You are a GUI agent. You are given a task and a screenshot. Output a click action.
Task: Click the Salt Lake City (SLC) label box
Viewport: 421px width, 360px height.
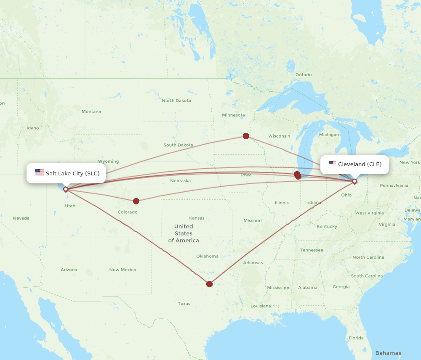66,173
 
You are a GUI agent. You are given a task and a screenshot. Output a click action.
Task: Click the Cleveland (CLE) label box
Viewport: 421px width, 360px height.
354,164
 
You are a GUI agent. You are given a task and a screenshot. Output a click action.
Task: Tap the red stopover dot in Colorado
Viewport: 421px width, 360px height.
136,201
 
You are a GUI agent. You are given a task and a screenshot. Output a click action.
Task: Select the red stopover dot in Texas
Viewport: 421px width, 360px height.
209,284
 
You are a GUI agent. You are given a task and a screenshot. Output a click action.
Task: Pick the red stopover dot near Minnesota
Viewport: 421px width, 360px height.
246,136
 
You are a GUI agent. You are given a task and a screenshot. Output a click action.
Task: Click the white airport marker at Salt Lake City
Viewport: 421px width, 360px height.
66,189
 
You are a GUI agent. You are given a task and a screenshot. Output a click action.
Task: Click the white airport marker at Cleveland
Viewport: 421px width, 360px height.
354,181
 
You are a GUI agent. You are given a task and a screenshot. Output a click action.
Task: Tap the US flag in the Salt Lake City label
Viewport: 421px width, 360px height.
40,172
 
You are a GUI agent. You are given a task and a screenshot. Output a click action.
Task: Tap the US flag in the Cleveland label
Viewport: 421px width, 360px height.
333,164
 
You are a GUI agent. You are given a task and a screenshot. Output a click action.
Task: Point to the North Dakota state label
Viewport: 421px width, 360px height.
176,101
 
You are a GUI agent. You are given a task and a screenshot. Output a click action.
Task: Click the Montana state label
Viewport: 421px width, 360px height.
91,111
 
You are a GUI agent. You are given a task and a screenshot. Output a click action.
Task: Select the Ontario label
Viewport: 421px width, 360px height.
304,75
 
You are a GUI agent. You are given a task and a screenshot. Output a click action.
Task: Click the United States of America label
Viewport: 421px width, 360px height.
184,233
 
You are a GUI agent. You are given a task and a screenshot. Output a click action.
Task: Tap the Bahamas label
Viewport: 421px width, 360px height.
388,353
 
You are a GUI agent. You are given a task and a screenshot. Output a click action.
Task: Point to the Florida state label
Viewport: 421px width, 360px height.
356,338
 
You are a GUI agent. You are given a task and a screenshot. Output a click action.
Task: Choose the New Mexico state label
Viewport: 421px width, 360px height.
123,270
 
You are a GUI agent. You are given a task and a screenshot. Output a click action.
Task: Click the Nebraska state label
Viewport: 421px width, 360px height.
180,181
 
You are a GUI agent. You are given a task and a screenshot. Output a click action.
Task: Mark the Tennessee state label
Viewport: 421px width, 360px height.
312,250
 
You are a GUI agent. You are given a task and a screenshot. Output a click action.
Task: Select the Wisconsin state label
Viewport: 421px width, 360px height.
279,136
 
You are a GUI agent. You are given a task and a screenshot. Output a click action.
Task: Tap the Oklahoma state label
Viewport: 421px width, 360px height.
207,256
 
